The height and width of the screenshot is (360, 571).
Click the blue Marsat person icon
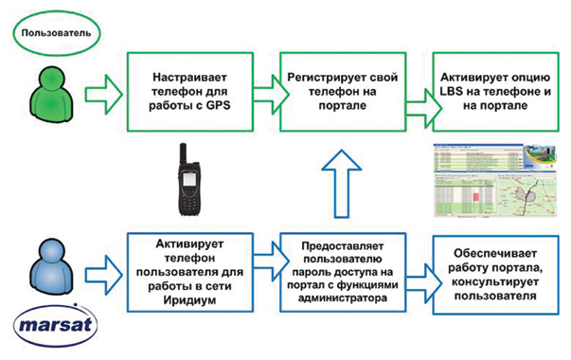[x=48, y=269]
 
